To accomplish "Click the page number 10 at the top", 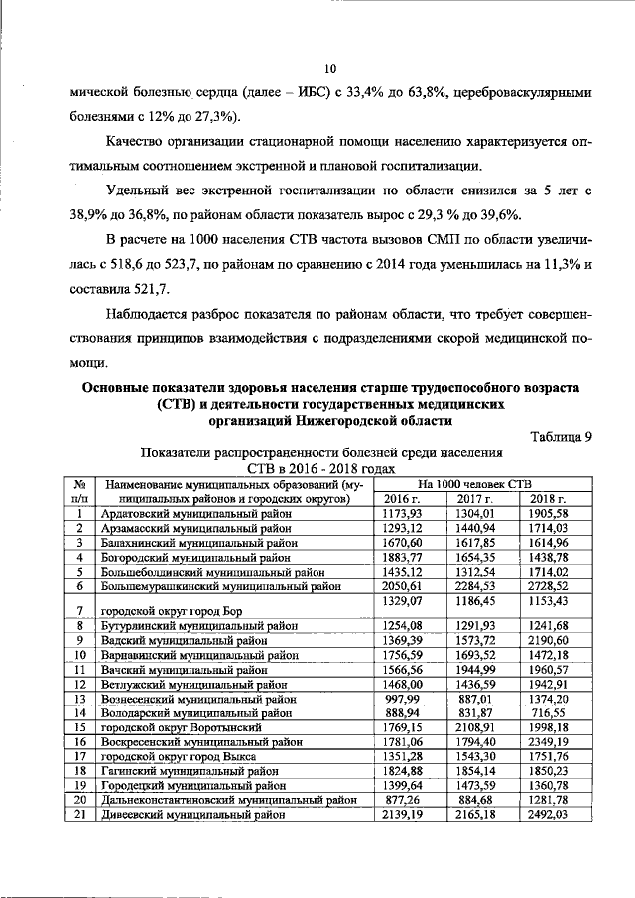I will [x=331, y=68].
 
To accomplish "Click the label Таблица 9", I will [x=561, y=436].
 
